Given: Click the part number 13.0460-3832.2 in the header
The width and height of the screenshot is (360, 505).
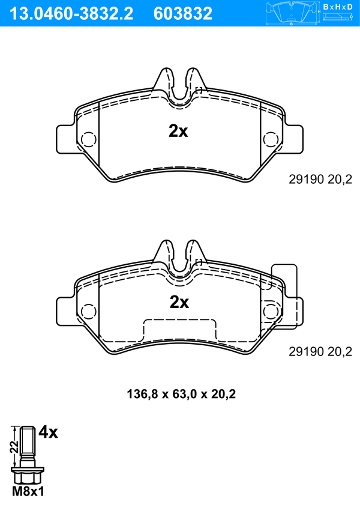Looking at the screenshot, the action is [71, 14].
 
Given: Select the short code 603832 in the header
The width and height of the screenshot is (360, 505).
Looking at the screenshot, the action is [183, 14].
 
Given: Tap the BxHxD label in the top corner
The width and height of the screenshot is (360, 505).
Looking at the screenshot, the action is [338, 7].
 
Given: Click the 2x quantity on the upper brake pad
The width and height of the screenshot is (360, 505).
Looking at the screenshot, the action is [178, 131].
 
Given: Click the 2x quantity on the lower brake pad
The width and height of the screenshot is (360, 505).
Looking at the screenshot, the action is [179, 302].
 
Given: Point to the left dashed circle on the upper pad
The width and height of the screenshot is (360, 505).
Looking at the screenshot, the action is [89, 139].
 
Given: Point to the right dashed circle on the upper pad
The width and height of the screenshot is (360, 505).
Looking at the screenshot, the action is [270, 139].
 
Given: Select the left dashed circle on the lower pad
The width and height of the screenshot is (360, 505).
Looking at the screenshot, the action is [89, 312].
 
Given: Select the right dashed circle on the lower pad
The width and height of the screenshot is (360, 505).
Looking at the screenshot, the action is [270, 312].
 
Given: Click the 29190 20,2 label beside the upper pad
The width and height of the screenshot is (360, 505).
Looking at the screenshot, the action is [320, 180].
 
